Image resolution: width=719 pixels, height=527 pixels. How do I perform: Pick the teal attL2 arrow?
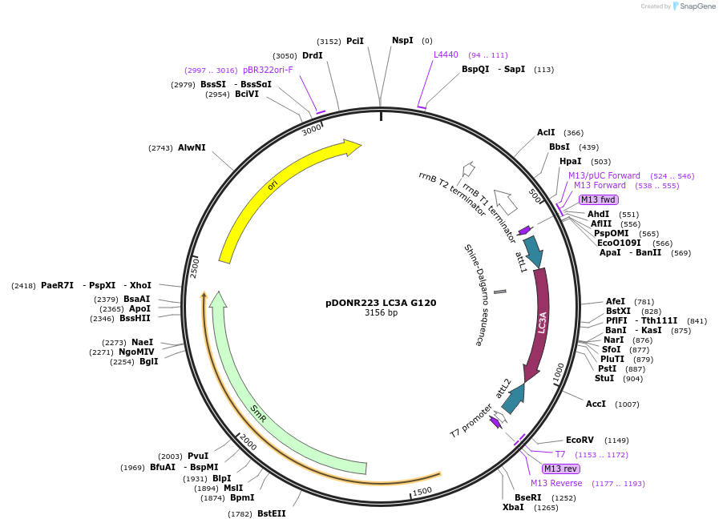pos(513,397)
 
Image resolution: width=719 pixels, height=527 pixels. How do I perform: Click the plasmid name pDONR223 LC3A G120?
pos(381,303)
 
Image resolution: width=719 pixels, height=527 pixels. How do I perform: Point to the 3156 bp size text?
pos(381,313)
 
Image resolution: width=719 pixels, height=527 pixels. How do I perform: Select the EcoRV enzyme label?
pos(580,440)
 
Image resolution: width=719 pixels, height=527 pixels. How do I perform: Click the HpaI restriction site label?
pos(571,161)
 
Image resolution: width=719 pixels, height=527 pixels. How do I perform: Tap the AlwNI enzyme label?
pos(192,147)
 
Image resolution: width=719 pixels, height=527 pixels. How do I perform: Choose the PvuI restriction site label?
pos(198,456)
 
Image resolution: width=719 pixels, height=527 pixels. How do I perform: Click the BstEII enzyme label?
pos(271,513)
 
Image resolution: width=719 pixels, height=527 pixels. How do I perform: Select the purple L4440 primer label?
pos(446,54)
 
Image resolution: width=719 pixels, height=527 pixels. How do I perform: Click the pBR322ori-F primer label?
pos(268,70)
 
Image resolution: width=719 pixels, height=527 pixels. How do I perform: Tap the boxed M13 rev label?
pos(560,469)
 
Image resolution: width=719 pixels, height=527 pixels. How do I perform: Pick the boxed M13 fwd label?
pos(598,199)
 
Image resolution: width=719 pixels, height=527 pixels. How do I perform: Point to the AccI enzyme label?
pos(596,404)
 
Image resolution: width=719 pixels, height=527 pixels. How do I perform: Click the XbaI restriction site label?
pos(513,507)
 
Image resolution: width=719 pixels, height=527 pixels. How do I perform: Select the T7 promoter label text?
pos(471,420)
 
